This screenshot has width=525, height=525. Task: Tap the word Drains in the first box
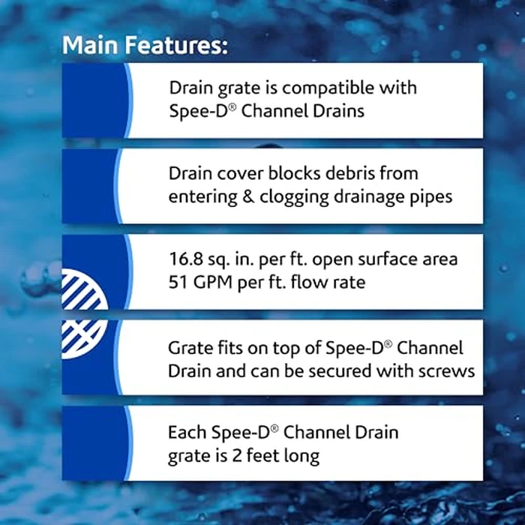[340, 111]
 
